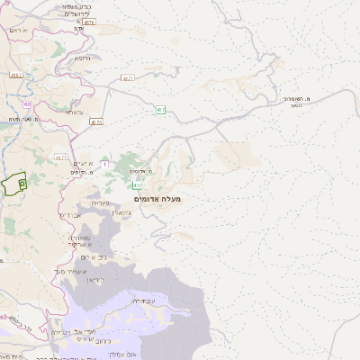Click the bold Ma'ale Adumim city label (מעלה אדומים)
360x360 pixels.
pyautogui.click(x=157, y=198)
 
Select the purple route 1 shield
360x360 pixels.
pyautogui.click(x=104, y=164)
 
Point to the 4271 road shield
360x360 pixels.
pyautogui.click(x=128, y=79)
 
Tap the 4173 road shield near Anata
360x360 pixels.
pyautogui.click(x=96, y=121)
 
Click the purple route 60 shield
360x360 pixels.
pyautogui.click(x=28, y=104)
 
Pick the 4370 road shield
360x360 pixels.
pyautogui.click(x=89, y=22)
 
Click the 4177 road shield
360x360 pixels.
pyautogui.click(x=61, y=157)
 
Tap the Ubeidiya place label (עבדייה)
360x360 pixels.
pyautogui.click(x=142, y=301)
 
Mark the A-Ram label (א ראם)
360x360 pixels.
pyautogui.click(x=19, y=31)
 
